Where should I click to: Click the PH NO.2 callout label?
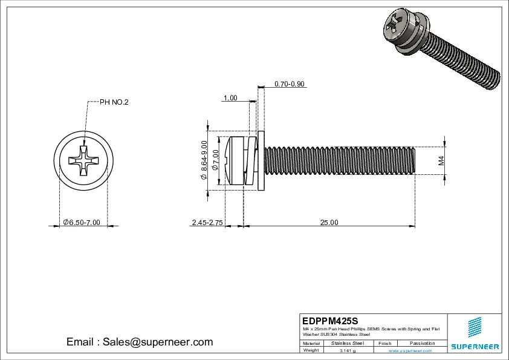pyautogui.click(x=114, y=102)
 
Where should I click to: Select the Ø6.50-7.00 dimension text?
pyautogui.click(x=81, y=223)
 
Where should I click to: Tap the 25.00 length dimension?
pyautogui.click(x=329, y=223)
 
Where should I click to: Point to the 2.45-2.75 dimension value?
pyautogui.click(x=207, y=223)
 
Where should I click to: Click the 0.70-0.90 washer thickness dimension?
pyautogui.click(x=289, y=84)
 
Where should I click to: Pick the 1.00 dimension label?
pyautogui.click(x=230, y=98)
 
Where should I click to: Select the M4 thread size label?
pyautogui.click(x=441, y=161)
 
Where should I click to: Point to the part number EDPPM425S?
pyautogui.click(x=330, y=320)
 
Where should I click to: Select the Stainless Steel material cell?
pyautogui.click(x=348, y=343)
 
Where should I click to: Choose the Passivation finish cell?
pyautogui.click(x=422, y=343)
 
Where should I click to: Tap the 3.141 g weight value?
pyautogui.click(x=348, y=350)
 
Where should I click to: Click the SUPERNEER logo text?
pyautogui.click(x=475, y=347)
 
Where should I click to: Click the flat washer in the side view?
pyautogui.click(x=261, y=161)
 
